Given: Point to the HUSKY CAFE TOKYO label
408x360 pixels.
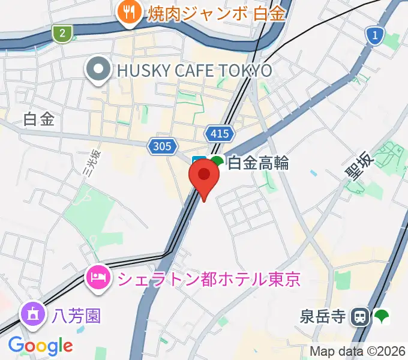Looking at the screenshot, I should point(194,70).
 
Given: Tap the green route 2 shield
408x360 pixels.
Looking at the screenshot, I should point(61,34).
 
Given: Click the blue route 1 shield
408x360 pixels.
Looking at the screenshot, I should point(375,36).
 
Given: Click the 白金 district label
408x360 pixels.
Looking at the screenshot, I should point(40,119).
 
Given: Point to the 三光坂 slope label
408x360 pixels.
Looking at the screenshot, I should point(91,163).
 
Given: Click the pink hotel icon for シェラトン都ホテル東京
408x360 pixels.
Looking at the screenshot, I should point(97,277).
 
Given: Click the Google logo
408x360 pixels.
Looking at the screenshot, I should point(41,346).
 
